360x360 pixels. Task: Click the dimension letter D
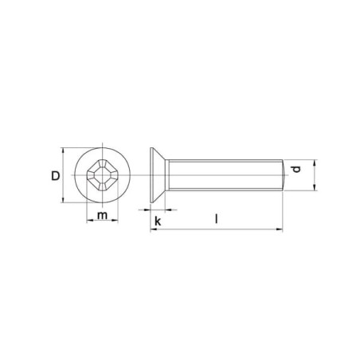pos(56,176)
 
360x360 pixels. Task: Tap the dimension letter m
pos(102,215)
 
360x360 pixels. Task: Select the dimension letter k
pos(158,221)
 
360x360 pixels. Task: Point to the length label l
pos(217,219)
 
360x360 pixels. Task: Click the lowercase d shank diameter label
pos(296,170)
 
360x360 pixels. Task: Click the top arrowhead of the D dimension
pos(63,151)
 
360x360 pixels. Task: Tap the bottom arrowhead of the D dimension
pos(63,200)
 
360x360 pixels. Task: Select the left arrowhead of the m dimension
pos(90,220)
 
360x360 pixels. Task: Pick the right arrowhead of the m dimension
pos(115,220)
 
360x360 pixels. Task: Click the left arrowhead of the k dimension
pos(147,210)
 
